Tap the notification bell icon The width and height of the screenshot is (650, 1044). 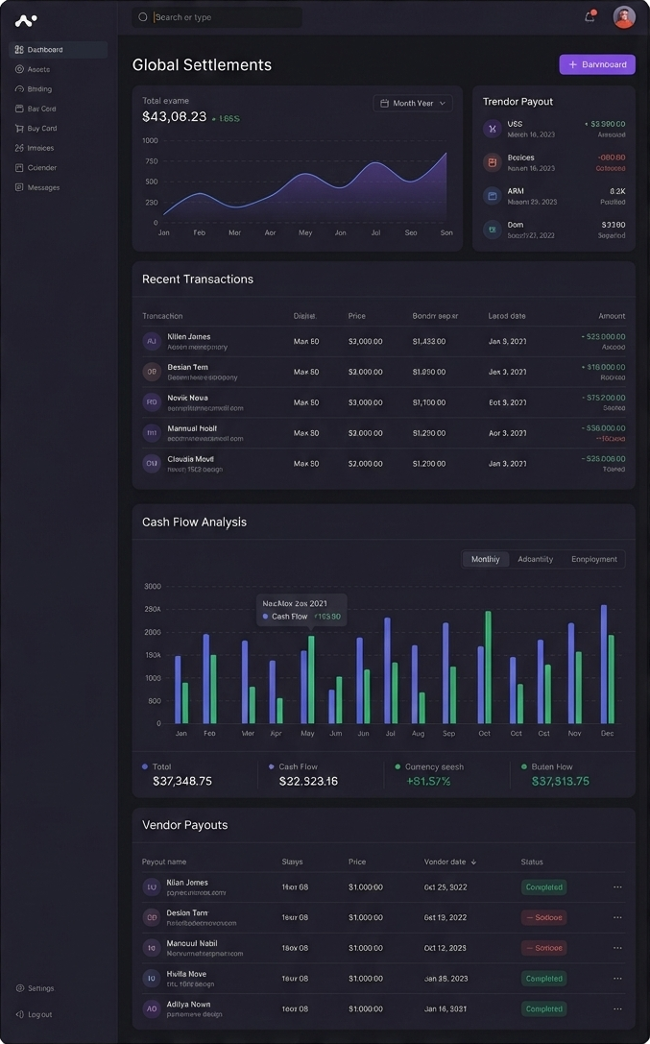pos(590,16)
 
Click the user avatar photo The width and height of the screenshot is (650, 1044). pos(624,16)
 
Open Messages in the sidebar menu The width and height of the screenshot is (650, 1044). pos(43,187)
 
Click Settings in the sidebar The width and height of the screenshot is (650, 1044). pos(40,988)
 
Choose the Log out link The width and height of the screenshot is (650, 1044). pos(39,1014)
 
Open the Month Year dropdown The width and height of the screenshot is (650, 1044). pos(413,103)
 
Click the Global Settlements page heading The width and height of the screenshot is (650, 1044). pos(202,64)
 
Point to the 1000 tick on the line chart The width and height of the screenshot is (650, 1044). pos(150,140)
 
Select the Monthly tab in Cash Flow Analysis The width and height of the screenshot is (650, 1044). pos(486,559)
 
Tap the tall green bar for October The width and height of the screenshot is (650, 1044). pos(488,667)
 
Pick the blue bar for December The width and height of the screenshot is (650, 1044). pos(603,664)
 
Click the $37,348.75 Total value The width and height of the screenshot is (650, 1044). pos(182,781)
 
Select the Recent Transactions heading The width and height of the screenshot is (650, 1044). pos(198,279)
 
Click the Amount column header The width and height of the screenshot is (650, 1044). pos(612,316)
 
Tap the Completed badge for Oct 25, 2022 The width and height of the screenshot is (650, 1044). pos(543,887)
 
